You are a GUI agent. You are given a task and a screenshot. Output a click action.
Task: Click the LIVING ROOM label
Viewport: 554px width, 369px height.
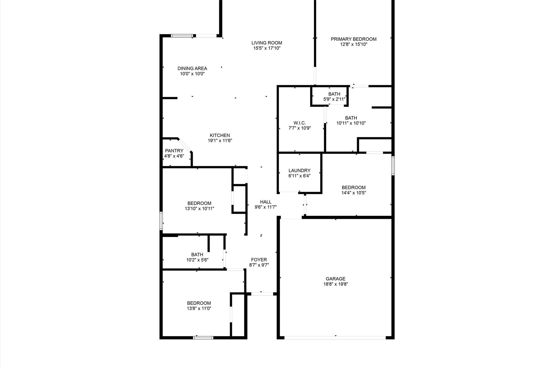tap(267, 43)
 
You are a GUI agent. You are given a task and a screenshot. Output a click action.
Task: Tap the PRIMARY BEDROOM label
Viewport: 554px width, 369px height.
tap(354, 39)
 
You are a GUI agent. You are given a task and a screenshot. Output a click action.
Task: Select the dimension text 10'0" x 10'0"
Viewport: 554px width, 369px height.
tap(192, 74)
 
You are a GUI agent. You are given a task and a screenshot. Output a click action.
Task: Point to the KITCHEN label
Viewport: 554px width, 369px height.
tap(220, 135)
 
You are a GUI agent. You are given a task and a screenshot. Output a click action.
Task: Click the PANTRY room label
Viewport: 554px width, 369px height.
tap(174, 151)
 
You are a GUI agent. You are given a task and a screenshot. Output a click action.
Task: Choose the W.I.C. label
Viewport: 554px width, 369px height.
tap(300, 123)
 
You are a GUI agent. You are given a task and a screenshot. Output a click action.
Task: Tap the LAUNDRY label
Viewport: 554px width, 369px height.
tap(299, 171)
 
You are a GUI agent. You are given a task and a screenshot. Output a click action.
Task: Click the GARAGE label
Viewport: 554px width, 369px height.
tap(335, 279)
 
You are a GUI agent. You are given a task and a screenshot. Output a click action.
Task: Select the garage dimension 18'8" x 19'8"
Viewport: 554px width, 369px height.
tap(335, 284)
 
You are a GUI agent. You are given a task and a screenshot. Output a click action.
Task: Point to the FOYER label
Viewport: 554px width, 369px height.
tap(259, 260)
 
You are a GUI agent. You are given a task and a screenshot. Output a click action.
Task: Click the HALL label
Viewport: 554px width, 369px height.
tap(266, 202)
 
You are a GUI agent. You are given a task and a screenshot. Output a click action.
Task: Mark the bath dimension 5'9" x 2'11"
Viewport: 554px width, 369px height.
tap(334, 99)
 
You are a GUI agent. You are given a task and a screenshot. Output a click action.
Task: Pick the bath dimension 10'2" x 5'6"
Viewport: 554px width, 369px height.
tap(197, 260)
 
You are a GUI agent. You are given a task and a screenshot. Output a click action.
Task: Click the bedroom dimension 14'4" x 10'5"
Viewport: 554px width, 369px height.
tap(354, 193)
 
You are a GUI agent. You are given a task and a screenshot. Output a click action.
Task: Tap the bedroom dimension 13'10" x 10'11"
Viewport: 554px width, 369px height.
tap(199, 209)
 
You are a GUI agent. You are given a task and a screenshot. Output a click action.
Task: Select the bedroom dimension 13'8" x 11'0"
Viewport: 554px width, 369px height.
tap(199, 308)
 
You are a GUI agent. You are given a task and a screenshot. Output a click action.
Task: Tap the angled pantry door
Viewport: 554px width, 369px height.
tap(185, 145)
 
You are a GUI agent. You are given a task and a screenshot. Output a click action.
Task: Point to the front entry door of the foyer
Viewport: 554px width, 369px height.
tap(262, 294)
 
